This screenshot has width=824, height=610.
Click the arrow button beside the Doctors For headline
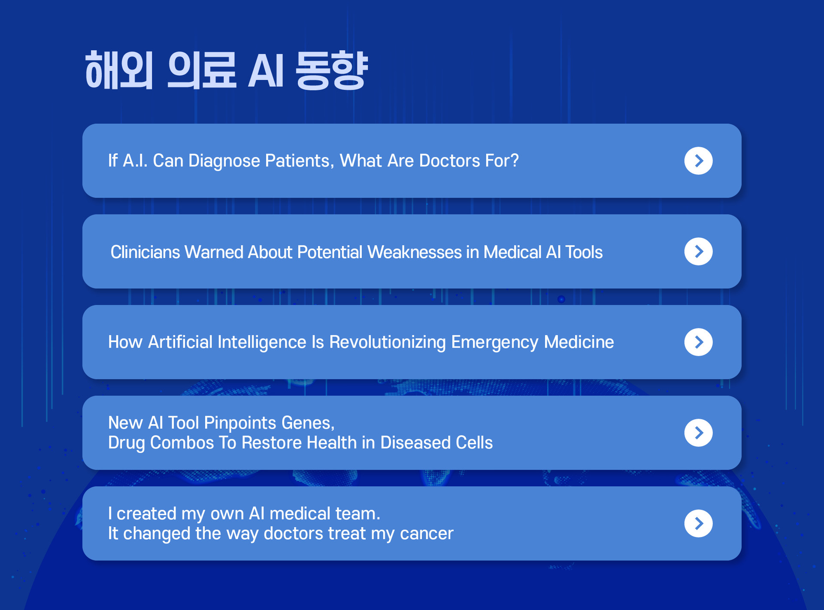tap(698, 161)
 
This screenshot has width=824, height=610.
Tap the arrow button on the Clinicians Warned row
tap(698, 252)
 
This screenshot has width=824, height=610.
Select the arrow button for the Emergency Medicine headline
tap(698, 342)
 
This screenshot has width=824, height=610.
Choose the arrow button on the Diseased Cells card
tap(698, 433)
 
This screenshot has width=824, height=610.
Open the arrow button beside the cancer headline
tap(698, 523)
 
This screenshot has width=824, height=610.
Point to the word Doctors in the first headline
tap(449, 161)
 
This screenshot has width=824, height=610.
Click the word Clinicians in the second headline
tap(145, 252)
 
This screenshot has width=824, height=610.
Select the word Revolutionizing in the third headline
tap(388, 343)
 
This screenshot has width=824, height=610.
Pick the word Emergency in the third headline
tap(494, 343)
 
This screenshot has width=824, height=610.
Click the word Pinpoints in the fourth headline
tap(240, 423)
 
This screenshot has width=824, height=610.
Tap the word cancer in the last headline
tap(427, 534)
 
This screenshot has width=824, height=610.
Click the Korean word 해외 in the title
tap(119, 70)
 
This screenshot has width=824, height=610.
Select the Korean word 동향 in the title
tap(332, 70)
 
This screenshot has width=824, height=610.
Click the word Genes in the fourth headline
tap(308, 423)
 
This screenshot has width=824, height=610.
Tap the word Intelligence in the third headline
tap(262, 343)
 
